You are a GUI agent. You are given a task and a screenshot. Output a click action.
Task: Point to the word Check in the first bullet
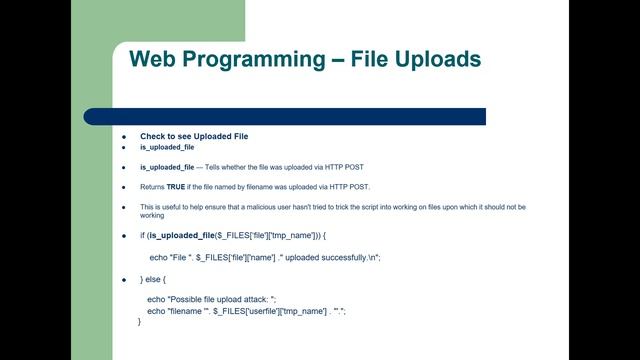point(152,136)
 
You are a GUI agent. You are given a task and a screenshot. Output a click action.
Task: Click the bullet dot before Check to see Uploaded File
point(124,136)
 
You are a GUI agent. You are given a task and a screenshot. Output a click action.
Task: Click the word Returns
point(152,187)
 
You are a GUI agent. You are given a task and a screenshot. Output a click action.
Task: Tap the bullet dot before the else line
point(124,279)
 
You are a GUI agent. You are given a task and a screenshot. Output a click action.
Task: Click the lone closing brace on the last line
point(140,322)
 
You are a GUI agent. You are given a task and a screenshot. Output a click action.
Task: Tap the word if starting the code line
point(142,235)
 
